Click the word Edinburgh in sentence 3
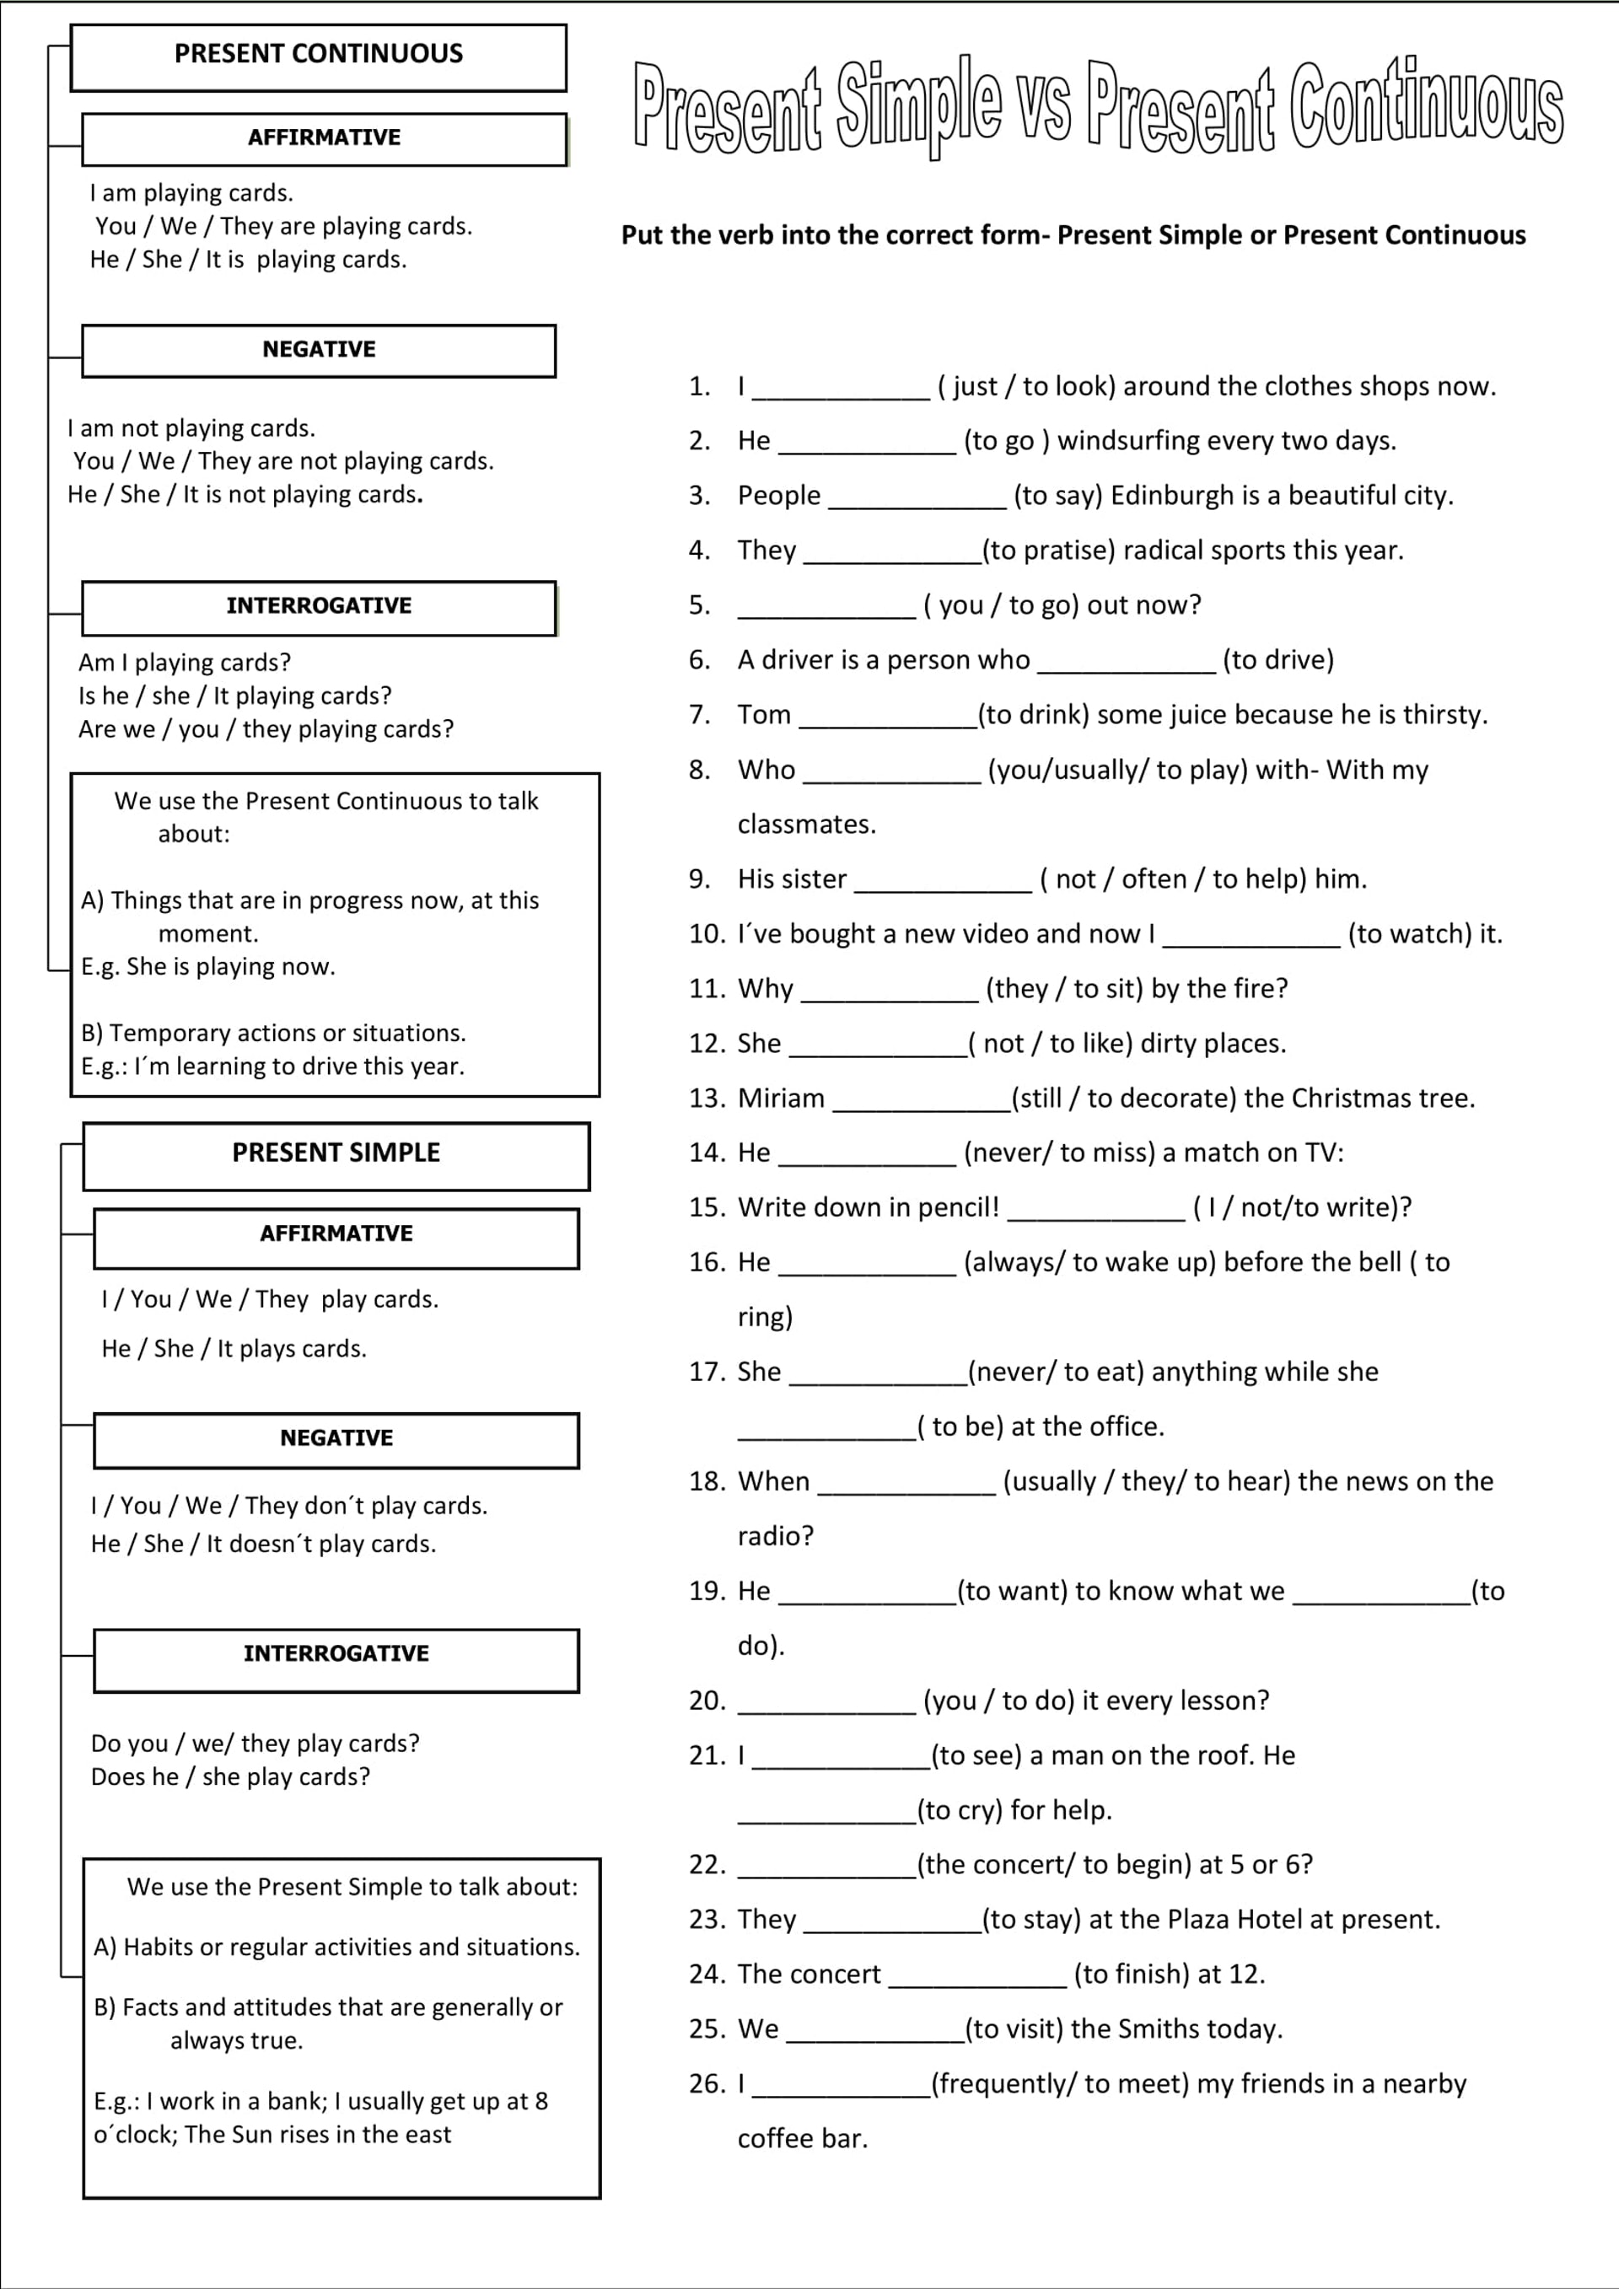click(x=1171, y=496)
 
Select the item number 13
click(x=706, y=1099)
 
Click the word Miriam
click(x=781, y=1099)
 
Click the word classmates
click(x=805, y=825)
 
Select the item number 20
click(x=706, y=1701)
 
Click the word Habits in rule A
click(x=158, y=1947)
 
